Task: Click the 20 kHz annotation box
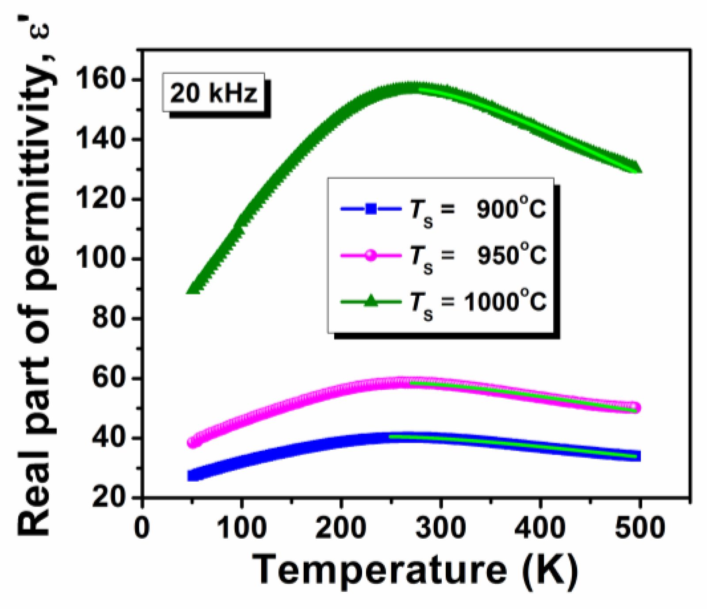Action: click(213, 94)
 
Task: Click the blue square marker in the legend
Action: click(371, 209)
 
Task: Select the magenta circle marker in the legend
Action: click(371, 255)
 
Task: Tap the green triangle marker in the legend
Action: click(371, 302)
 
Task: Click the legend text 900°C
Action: click(511, 209)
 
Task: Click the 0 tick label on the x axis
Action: click(142, 527)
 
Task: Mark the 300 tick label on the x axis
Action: click(440, 527)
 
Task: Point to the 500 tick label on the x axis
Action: click(640, 527)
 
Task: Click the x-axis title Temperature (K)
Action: click(415, 571)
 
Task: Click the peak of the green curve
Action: click(409, 87)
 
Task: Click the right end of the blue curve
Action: click(637, 456)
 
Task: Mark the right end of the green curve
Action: click(636, 167)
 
